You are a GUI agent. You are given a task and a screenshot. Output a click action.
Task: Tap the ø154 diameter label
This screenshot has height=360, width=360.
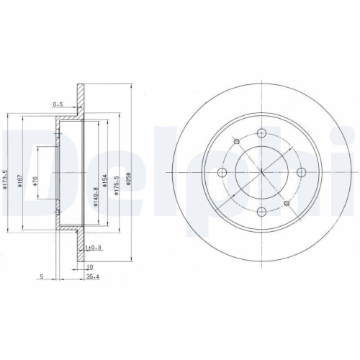(x=105, y=180)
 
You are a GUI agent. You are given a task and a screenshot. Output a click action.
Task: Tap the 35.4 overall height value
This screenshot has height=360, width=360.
(x=91, y=276)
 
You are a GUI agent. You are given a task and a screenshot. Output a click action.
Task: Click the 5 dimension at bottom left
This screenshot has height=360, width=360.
(x=42, y=276)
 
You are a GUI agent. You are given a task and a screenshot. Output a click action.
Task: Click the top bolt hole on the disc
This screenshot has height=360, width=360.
(x=261, y=132)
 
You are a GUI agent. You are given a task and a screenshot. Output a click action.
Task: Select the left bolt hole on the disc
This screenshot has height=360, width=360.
(x=222, y=172)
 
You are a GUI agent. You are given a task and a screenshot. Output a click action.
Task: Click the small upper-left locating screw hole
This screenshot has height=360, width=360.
(x=235, y=141)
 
